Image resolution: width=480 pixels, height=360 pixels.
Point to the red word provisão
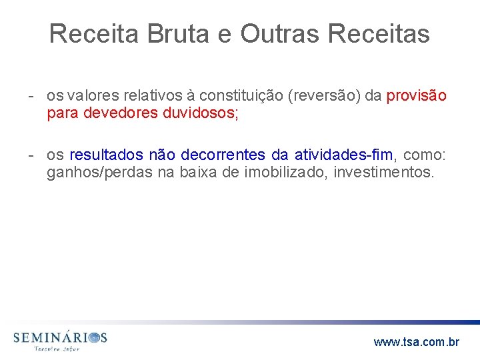click(417, 96)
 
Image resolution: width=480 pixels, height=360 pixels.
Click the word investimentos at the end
click(384, 173)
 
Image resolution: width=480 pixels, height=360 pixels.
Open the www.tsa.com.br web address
click(417, 342)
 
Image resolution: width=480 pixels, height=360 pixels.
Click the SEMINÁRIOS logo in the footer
click(60, 339)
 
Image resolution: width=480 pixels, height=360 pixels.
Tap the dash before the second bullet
click(31, 155)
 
